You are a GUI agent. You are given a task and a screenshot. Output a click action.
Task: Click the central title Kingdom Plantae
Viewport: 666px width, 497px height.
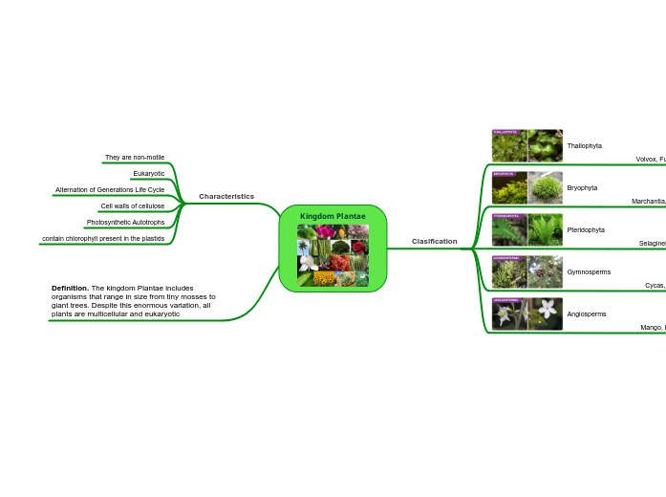click(x=333, y=216)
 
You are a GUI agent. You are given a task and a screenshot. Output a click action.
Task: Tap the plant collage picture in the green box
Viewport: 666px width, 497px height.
click(x=333, y=255)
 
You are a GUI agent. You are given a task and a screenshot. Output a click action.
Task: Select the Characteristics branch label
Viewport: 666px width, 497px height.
click(x=226, y=196)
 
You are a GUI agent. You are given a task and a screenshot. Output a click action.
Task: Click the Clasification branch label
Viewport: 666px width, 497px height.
click(x=435, y=241)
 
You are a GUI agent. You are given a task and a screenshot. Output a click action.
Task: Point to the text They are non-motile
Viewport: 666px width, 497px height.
click(x=135, y=157)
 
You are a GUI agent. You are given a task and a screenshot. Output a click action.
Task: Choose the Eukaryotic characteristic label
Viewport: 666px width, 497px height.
click(x=148, y=173)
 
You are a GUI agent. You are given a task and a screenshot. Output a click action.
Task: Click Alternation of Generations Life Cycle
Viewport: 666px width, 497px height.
click(x=110, y=189)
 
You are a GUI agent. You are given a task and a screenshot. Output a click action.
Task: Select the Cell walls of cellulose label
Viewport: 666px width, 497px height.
click(x=132, y=205)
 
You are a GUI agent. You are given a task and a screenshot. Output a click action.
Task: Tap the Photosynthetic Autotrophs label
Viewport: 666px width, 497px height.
click(x=125, y=222)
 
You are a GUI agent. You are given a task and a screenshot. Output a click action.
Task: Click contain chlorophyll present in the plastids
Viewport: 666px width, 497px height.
click(x=103, y=238)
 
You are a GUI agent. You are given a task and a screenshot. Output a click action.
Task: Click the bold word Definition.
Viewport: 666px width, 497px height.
click(x=70, y=288)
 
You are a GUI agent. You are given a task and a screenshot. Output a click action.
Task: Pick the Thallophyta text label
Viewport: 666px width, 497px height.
click(x=584, y=145)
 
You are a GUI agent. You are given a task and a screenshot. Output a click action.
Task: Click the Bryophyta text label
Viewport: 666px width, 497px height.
click(x=582, y=187)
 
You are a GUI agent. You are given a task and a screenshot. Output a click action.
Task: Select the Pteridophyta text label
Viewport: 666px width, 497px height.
click(x=586, y=229)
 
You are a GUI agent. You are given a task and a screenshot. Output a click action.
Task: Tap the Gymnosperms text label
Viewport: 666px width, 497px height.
click(x=589, y=271)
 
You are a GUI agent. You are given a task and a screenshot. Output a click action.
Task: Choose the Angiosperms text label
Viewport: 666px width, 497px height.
click(x=586, y=313)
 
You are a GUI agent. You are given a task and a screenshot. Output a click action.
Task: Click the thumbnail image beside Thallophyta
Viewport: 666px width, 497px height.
click(x=526, y=145)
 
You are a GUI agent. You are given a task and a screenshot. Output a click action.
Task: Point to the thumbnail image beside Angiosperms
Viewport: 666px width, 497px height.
click(x=526, y=313)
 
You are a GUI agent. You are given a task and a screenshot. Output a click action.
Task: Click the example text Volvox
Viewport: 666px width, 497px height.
click(x=646, y=160)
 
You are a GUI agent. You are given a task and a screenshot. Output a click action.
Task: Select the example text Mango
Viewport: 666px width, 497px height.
click(x=651, y=327)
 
